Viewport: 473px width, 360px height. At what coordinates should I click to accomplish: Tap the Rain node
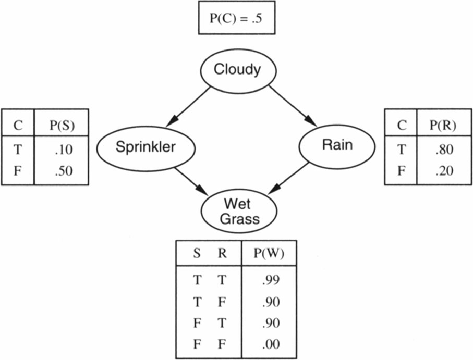(337, 145)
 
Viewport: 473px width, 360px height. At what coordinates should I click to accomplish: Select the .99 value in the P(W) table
(271, 280)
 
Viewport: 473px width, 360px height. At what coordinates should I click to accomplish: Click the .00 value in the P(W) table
(271, 344)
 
